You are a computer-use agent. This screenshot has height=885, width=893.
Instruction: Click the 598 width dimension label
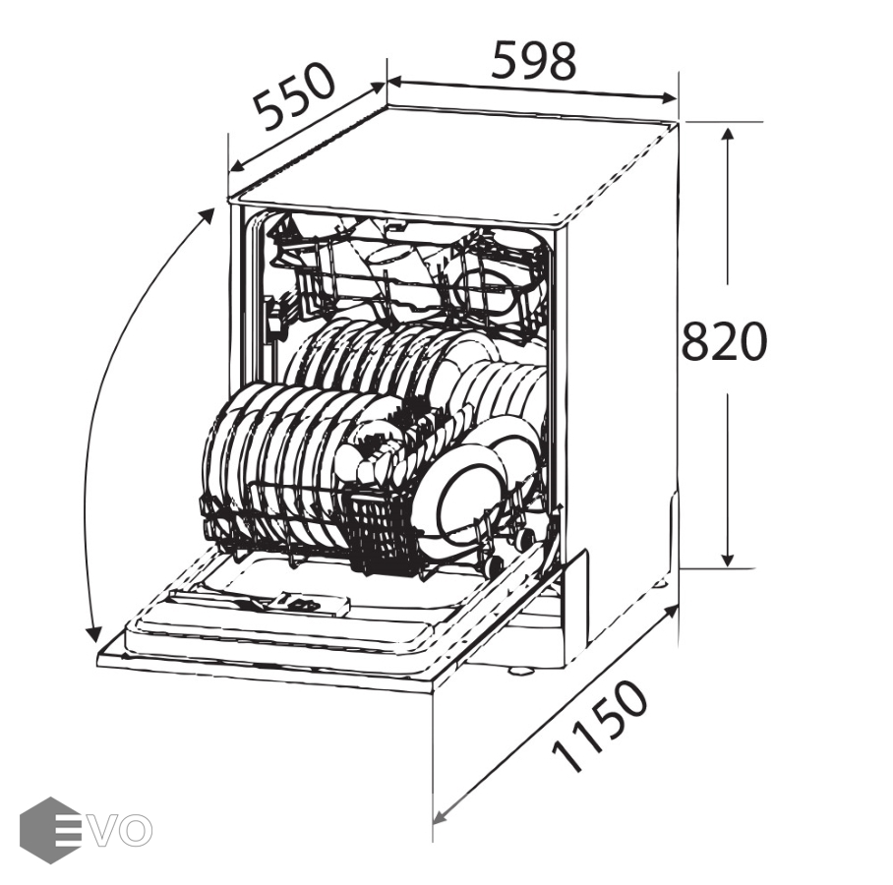click(534, 59)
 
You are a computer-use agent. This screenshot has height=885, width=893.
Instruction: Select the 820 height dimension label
click(724, 341)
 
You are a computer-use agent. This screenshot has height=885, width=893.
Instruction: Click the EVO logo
click(86, 830)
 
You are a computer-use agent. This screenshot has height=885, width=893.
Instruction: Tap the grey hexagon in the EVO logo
click(49, 830)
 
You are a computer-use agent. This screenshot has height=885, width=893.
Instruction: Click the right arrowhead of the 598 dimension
click(669, 98)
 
